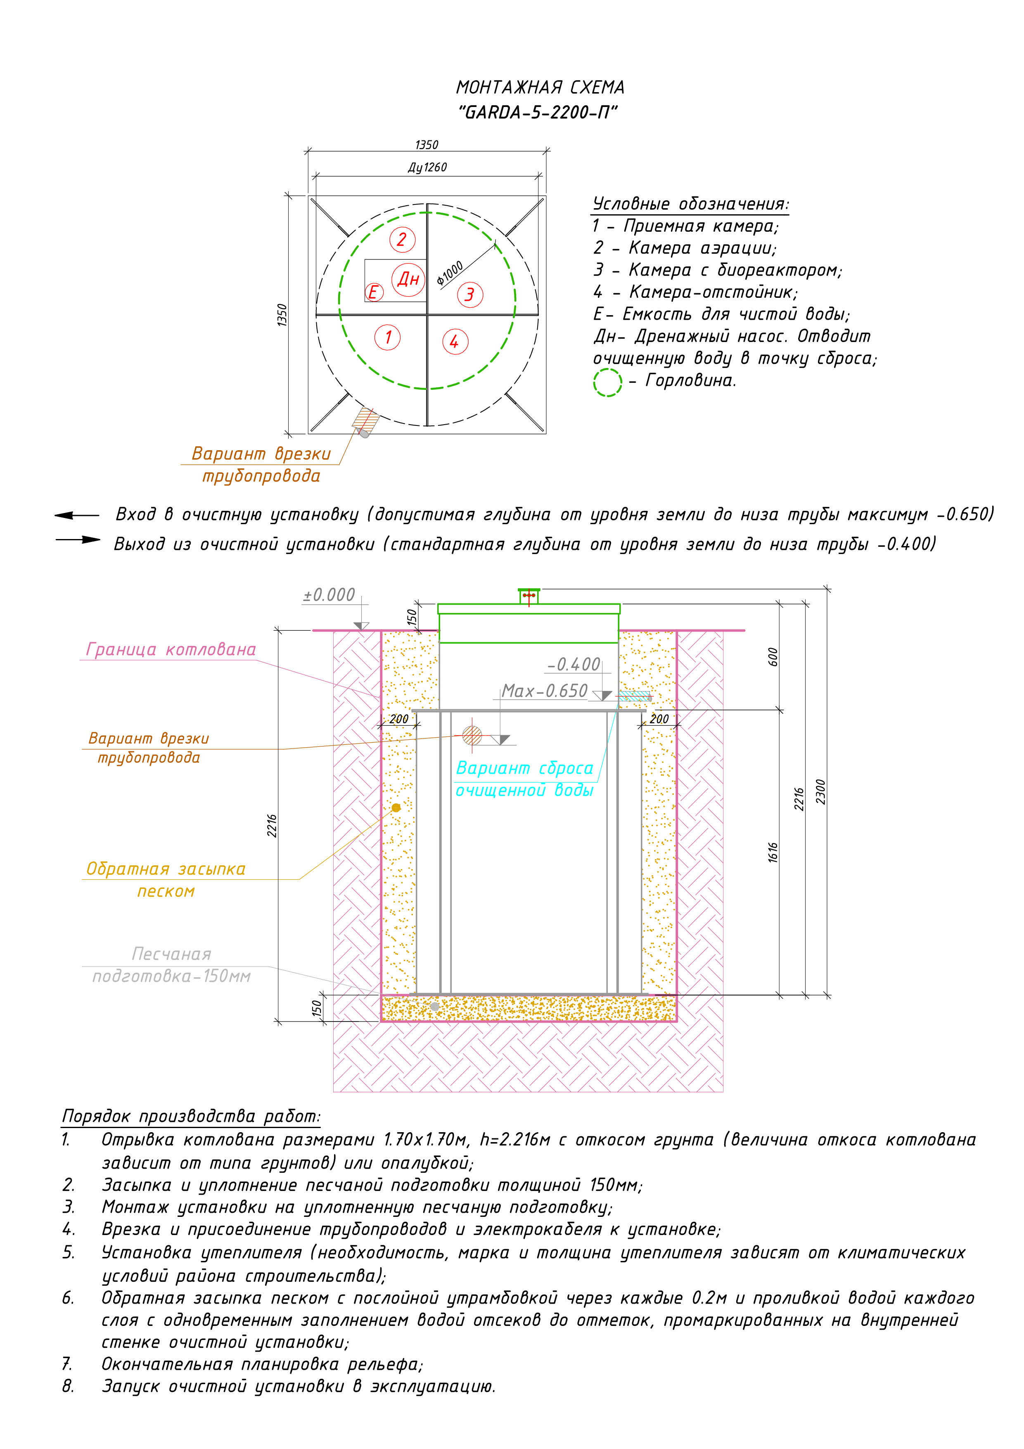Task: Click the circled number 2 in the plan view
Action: pyautogui.click(x=402, y=240)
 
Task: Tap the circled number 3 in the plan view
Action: pyautogui.click(x=470, y=295)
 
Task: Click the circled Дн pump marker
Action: pyautogui.click(x=408, y=279)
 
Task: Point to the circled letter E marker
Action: pyautogui.click(x=374, y=292)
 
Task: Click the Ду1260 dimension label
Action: pyautogui.click(x=427, y=167)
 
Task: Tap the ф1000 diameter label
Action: pyautogui.click(x=450, y=273)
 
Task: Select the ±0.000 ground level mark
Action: pyautogui.click(x=329, y=595)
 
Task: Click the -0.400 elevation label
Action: pyautogui.click(x=574, y=665)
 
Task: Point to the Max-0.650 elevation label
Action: pyautogui.click(x=545, y=691)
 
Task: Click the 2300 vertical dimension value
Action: pyautogui.click(x=820, y=792)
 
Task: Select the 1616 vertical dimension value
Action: pyautogui.click(x=773, y=852)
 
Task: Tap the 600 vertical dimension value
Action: pyautogui.click(x=773, y=656)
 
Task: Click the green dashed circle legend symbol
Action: pyautogui.click(x=607, y=382)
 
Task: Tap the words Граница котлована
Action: pyautogui.click(x=171, y=650)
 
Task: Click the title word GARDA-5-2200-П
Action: pyautogui.click(x=538, y=113)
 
